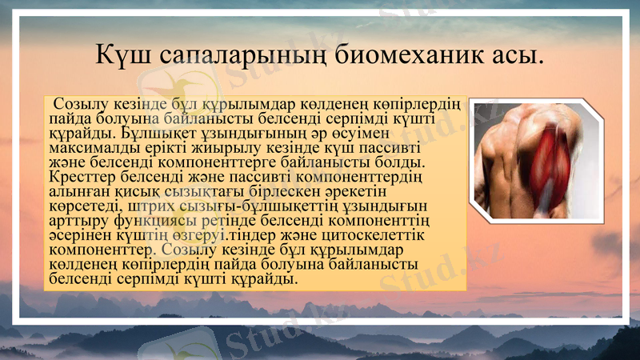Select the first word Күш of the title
pos(120,57)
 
